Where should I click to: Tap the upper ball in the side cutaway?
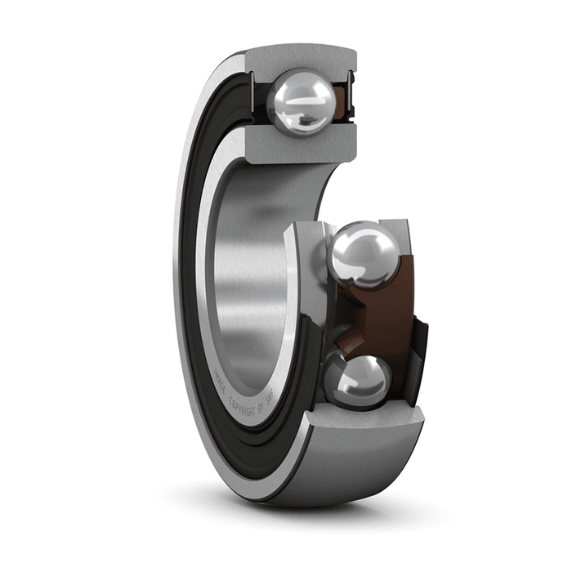364,256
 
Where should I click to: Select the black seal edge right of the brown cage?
420,343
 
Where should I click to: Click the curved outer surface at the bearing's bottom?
343,474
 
